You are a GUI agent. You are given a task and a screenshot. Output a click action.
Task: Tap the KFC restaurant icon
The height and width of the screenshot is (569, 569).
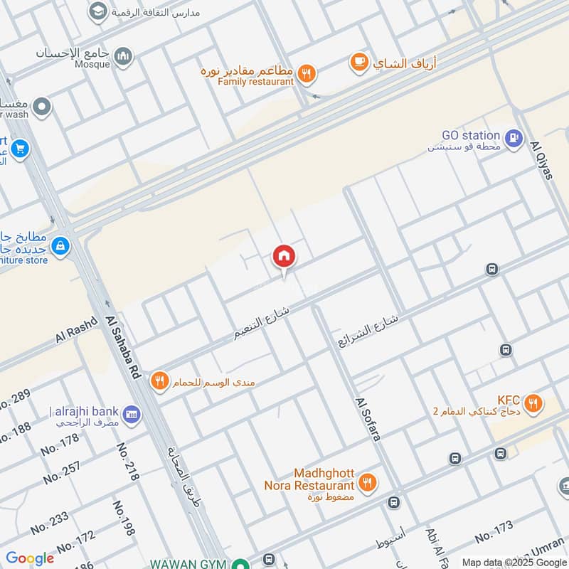coord(532,405)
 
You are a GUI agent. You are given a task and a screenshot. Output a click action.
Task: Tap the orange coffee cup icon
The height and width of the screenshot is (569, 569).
coord(359,63)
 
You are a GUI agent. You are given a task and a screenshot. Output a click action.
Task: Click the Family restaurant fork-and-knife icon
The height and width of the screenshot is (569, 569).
coord(307,72)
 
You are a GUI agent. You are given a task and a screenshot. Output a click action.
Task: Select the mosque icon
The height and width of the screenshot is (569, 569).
coord(123,55)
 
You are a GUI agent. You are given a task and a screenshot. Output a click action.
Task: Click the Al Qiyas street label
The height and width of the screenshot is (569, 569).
coord(542,160)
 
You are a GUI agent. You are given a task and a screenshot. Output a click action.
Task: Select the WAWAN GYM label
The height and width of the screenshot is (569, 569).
coord(188,563)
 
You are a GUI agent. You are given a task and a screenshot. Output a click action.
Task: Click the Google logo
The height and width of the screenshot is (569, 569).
coord(30,558)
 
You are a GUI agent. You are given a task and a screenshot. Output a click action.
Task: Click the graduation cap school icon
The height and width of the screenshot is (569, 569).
coord(97,11)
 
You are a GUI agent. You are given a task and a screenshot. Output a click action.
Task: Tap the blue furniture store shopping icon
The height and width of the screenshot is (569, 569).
coord(60,245)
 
